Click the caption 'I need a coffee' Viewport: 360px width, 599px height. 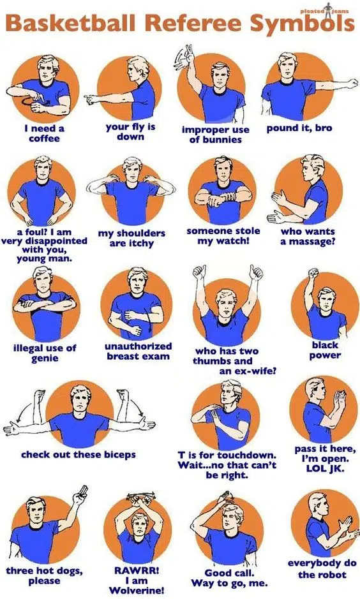[44, 133]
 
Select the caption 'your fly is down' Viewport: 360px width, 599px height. [130, 131]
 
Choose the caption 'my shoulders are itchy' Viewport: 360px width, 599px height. [131, 238]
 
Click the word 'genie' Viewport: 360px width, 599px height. [45, 359]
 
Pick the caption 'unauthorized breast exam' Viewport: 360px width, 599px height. [138, 351]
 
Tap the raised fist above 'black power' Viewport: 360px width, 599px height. [314, 274]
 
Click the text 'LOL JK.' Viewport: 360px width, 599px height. [326, 468]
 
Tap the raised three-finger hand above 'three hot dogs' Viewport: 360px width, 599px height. [82, 494]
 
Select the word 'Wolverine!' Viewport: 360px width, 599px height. [137, 591]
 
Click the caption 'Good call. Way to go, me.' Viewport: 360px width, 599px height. [229, 578]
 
